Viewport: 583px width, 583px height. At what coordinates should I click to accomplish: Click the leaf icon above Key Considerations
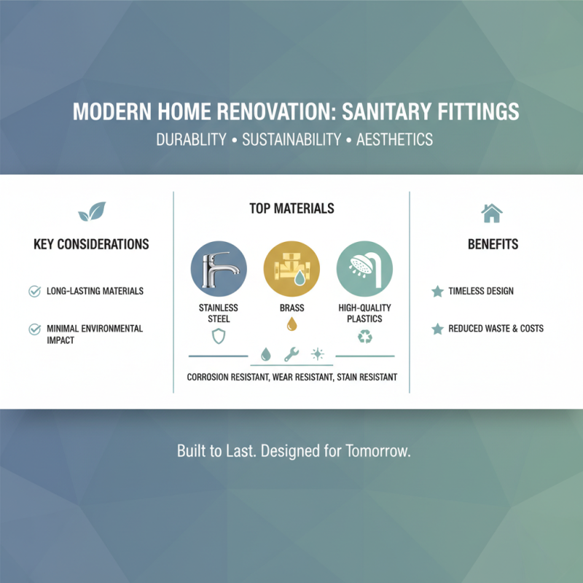(92, 212)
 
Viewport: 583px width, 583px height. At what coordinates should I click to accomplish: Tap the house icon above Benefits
(492, 213)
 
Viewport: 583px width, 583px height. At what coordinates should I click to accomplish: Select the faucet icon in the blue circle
(219, 267)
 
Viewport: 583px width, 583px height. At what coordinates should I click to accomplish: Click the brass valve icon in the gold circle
(291, 267)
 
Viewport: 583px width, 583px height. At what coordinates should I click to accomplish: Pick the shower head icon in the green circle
(364, 267)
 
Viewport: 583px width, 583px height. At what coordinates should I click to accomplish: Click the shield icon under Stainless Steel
(219, 336)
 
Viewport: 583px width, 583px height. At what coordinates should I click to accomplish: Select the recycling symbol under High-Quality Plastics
(364, 336)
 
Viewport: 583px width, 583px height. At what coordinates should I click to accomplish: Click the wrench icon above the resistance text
(291, 355)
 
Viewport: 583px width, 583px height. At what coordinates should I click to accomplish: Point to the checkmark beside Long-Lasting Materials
(34, 291)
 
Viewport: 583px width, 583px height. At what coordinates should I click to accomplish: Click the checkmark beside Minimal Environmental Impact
(34, 329)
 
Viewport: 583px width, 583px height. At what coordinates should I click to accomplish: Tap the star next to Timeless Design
(437, 291)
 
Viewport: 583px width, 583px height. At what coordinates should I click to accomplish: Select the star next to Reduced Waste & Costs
(437, 329)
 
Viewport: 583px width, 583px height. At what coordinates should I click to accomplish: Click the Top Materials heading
(291, 209)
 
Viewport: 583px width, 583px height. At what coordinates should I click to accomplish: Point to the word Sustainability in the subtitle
(291, 139)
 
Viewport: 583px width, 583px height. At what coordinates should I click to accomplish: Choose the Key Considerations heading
(91, 244)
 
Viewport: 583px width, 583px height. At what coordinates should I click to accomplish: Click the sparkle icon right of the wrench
(317, 355)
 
